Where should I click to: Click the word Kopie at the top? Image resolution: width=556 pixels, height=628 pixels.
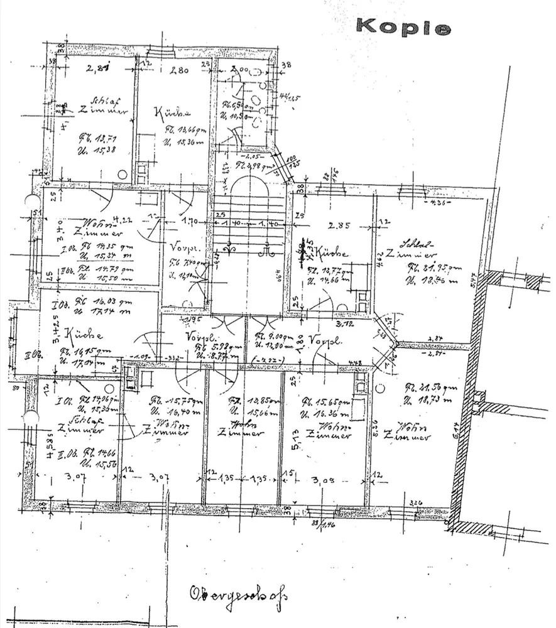point(403,27)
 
